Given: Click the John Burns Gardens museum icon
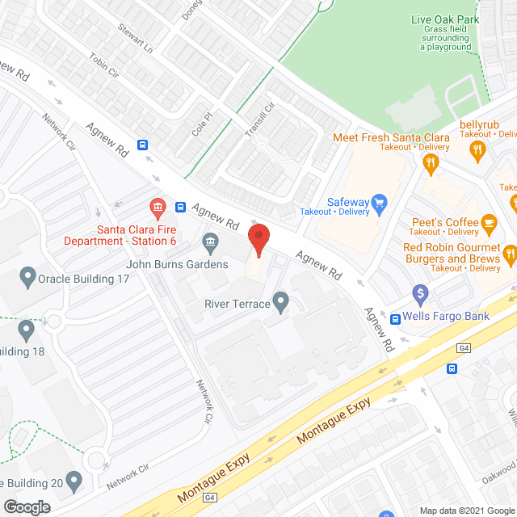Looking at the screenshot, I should tap(210, 242).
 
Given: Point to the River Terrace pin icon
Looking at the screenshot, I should tap(281, 303).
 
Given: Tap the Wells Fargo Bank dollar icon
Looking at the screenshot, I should tap(419, 293).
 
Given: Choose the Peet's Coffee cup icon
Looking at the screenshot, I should tap(488, 222).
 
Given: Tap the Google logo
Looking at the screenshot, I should tap(26, 506).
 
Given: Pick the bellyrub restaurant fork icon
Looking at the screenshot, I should tap(477, 149).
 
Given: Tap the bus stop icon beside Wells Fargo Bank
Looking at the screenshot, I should tap(395, 318).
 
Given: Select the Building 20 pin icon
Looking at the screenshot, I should tap(74, 482).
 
